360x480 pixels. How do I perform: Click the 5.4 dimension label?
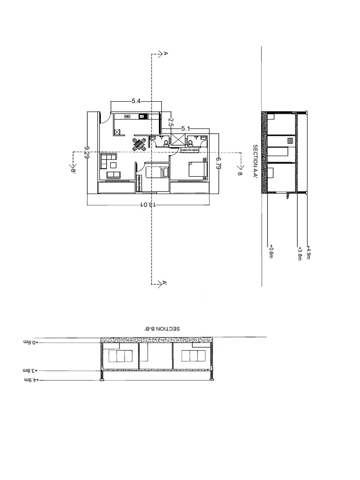[x=136, y=101]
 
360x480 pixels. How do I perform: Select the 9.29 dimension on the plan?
[x=87, y=152]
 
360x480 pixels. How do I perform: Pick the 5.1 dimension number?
[x=186, y=128]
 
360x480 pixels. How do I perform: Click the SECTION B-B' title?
[x=162, y=329]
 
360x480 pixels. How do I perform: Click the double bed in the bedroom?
[x=196, y=169]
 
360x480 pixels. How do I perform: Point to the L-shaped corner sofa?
[x=108, y=160]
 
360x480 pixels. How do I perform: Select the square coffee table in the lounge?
[x=113, y=165]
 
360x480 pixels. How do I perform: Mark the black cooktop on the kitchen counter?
[x=142, y=116]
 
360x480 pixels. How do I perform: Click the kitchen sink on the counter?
[x=127, y=116]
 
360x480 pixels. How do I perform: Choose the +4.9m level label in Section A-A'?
[x=309, y=252]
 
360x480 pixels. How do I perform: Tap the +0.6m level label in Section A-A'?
[x=270, y=251]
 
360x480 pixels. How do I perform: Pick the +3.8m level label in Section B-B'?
[x=30, y=370]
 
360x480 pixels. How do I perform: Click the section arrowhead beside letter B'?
[x=73, y=166]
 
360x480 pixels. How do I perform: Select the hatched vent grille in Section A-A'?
[x=290, y=141]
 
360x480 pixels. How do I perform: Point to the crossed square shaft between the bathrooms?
[x=178, y=139]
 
